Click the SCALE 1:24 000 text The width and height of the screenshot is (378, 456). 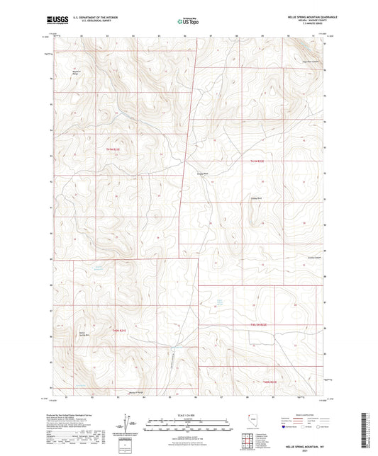(x=188, y=415)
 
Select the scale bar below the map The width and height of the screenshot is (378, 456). (x=188, y=422)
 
